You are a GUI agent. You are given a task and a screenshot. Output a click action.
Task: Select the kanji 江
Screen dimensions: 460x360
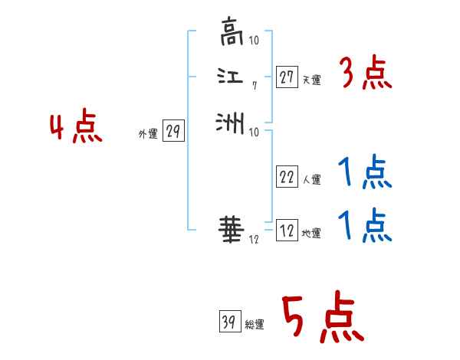[230, 76]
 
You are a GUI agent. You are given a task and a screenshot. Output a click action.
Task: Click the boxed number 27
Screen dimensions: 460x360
[287, 77]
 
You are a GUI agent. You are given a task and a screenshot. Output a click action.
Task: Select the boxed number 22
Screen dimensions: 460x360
[287, 178]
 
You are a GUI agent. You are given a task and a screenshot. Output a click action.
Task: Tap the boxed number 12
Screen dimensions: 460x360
[287, 231]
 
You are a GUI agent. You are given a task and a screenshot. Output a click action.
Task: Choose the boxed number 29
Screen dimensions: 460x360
[172, 132]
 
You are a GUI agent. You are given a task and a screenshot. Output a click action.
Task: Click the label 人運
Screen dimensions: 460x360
[310, 181]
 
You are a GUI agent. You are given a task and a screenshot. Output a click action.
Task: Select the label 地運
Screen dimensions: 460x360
[310, 234]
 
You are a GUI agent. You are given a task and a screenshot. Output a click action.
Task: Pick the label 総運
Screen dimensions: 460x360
[254, 325]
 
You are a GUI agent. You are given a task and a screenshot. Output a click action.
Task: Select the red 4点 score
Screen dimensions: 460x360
[77, 128]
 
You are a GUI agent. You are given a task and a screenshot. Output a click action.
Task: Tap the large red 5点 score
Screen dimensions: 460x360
[321, 319]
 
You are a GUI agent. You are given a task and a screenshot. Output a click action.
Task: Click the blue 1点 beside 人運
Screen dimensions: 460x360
[364, 174]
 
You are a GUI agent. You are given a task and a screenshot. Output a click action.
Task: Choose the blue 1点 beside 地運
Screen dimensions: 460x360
[364, 226]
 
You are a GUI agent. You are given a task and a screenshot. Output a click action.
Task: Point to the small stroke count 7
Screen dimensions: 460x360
[254, 86]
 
